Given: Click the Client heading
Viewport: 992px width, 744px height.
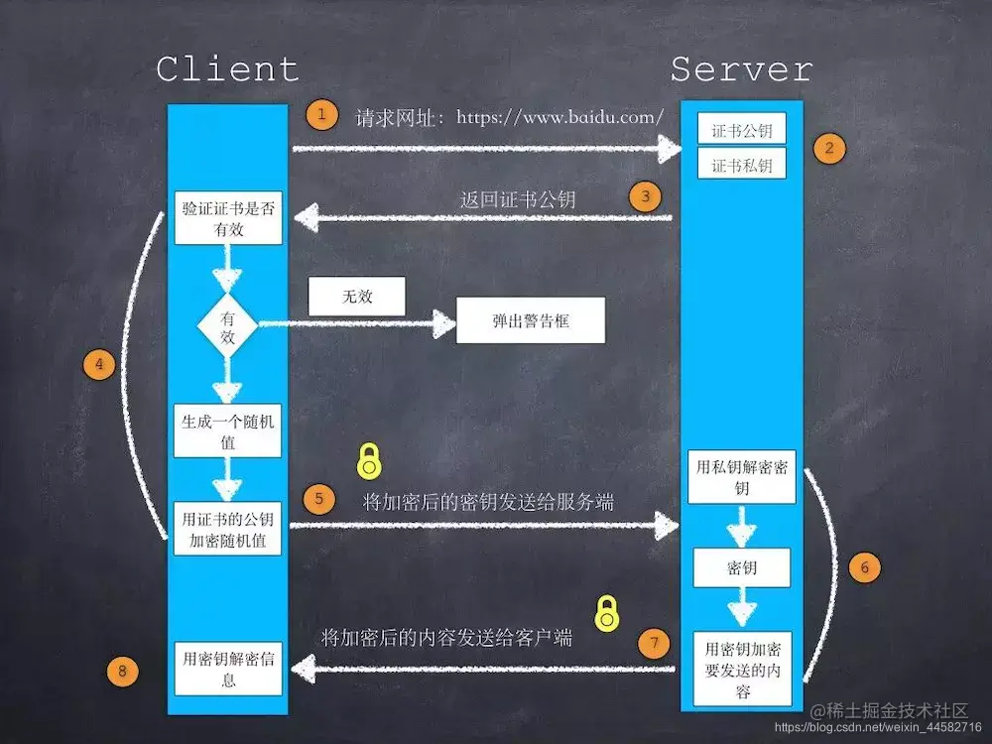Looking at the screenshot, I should pos(227,69).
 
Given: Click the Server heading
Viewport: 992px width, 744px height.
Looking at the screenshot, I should pos(741,69).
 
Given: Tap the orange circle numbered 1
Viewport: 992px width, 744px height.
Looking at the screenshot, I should pos(321,115).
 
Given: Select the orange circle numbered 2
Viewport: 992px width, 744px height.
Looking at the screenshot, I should pos(829,149).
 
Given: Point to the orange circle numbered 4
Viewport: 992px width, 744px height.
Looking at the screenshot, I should pos(98,365).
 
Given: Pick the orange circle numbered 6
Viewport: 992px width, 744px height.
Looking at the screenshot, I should pos(864,567).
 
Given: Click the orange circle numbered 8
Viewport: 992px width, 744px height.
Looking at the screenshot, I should pos(122,672).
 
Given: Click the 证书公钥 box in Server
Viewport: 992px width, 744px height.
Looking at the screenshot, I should pos(742,130).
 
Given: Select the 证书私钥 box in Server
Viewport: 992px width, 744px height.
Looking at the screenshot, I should pos(742,165).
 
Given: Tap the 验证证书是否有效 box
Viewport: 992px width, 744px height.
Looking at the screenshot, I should pos(227,218).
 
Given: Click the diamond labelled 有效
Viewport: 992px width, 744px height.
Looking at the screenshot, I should pos(227,324).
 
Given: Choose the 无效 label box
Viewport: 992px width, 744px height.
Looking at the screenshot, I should pos(358,297).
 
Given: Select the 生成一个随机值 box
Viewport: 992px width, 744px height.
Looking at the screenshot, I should pos(227,432).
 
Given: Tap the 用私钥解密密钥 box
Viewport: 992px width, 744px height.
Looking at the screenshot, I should pos(742,477).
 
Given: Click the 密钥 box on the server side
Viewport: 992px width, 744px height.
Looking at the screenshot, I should pos(742,567).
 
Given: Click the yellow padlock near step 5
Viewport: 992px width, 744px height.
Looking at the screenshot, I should pos(369,461).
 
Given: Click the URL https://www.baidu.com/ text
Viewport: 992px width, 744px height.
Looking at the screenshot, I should pos(560,117).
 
